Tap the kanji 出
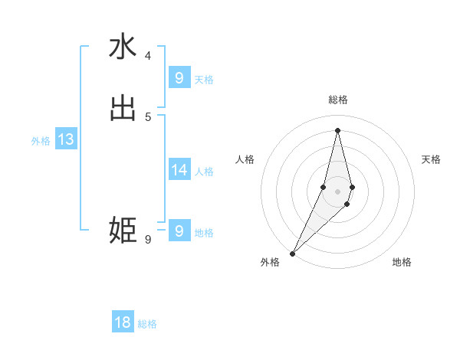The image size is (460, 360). click(x=123, y=108)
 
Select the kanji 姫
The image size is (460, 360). click(x=123, y=231)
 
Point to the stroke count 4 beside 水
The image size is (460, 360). click(x=148, y=56)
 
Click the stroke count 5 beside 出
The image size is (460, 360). click(x=148, y=116)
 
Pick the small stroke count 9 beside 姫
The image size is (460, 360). click(x=148, y=240)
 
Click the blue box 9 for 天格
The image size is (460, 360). click(x=179, y=77)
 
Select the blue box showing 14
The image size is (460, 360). click(x=179, y=170)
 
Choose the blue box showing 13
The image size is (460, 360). click(x=66, y=139)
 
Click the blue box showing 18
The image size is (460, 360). click(x=123, y=322)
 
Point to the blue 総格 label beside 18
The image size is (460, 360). click(x=147, y=324)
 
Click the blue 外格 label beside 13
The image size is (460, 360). click(x=41, y=141)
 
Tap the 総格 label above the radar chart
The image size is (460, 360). click(x=337, y=100)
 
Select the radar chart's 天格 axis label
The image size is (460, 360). click(x=431, y=159)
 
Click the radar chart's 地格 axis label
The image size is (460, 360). click(x=402, y=262)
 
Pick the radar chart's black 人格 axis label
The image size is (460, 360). click(x=245, y=159)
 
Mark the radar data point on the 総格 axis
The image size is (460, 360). click(x=337, y=129)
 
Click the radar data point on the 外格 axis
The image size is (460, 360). click(x=293, y=253)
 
